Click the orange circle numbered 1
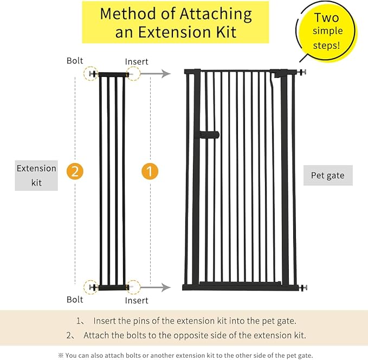[150, 171]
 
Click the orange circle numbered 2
[75, 171]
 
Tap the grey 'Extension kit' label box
[36, 176]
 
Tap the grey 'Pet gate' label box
[327, 176]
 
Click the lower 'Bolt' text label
[75, 299]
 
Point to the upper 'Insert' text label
[137, 62]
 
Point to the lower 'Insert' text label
[137, 300]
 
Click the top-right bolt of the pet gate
[302, 71]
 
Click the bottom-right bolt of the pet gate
[302, 287]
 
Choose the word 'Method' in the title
[129, 14]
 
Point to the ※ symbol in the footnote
[60, 355]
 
